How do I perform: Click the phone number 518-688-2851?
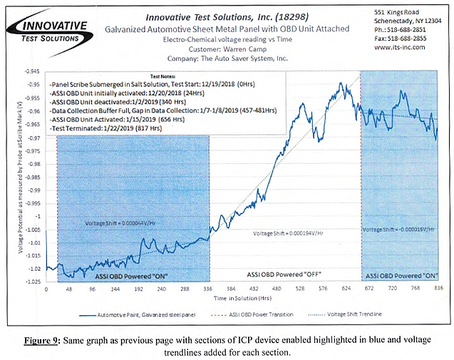(x=407, y=31)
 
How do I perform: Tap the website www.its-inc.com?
(x=401, y=47)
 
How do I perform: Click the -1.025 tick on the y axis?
(x=31, y=281)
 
